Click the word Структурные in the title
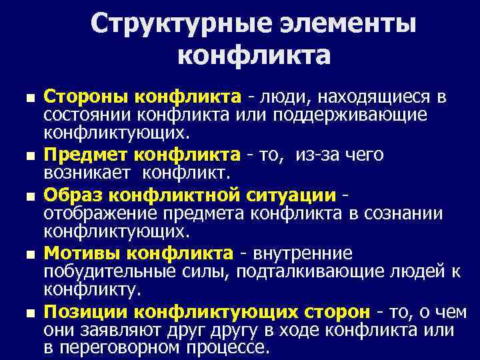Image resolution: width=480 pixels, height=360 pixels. point(163,25)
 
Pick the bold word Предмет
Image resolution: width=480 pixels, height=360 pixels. point(86,155)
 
